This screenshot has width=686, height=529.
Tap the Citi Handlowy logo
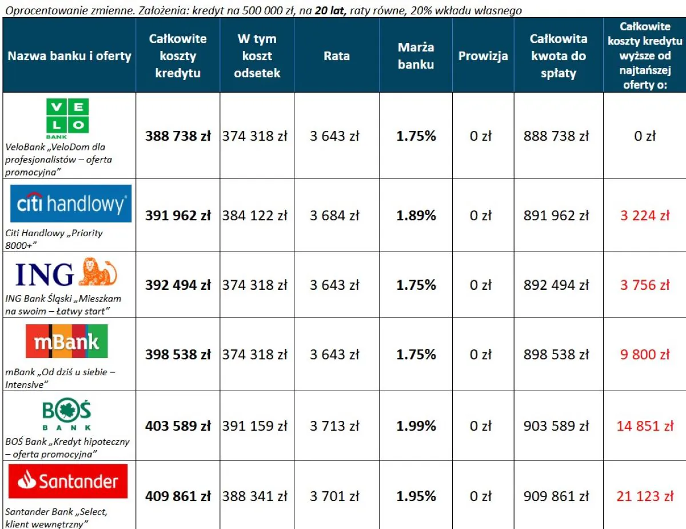coord(71,204)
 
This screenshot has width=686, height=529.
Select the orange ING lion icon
coord(97,272)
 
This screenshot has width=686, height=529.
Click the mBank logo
coord(67,341)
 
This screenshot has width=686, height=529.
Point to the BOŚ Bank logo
coord(67,415)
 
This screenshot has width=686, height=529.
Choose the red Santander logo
coord(68,482)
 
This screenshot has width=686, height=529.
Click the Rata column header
coord(337,56)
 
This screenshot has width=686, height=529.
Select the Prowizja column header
coord(483,56)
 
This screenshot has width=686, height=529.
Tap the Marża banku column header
coord(416,56)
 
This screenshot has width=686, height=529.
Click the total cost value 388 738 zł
coord(178,136)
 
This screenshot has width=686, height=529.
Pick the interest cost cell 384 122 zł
coord(255,216)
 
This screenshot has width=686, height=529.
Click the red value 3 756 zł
coord(645,285)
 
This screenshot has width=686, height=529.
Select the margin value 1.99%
coord(416,426)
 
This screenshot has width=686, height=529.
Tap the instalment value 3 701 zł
coord(334,496)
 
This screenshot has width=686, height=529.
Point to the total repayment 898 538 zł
coord(556,355)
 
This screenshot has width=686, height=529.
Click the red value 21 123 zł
coord(645,496)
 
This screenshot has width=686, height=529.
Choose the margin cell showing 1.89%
coord(416,216)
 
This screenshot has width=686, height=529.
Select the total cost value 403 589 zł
coord(178,426)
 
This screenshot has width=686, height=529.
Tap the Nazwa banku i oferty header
coord(69,56)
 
